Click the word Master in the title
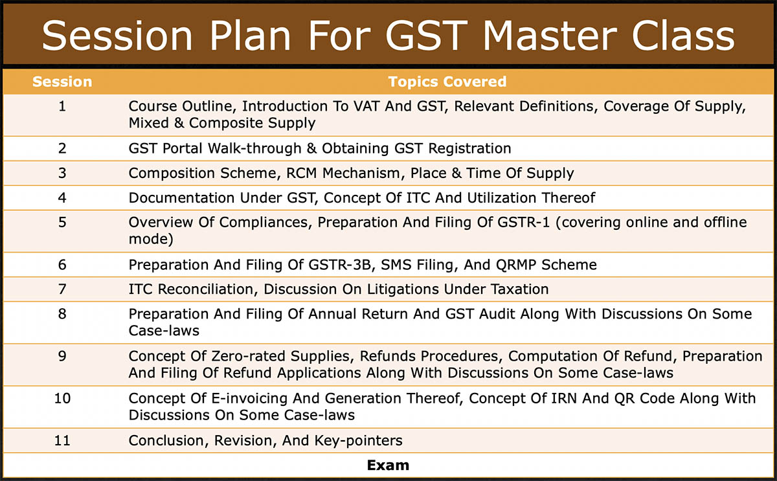550,36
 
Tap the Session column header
62,82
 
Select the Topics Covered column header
447,82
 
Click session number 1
62,106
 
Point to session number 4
62,197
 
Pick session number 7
62,289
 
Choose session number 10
62,399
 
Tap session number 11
62,441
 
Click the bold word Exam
388,465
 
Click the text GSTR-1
524,222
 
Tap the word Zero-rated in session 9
248,356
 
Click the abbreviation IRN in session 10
564,399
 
